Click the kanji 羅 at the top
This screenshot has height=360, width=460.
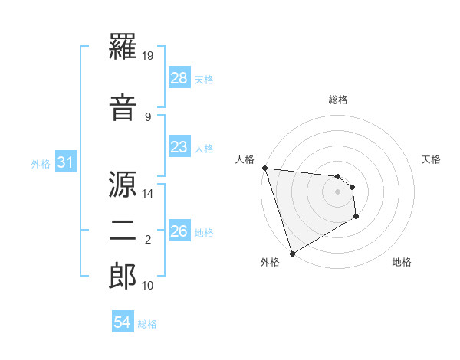(x=123, y=47)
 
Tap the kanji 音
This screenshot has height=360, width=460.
(x=123, y=107)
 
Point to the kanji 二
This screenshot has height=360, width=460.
(x=123, y=230)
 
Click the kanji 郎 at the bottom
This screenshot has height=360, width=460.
(x=123, y=275)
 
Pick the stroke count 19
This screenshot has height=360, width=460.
(x=149, y=56)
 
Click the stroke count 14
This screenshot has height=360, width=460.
(x=149, y=193)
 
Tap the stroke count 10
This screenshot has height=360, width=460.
(x=149, y=285)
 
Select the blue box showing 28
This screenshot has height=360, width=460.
(x=179, y=78)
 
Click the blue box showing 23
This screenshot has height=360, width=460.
(x=179, y=147)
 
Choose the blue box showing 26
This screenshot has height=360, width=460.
(x=179, y=231)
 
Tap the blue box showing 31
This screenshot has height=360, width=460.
(x=67, y=162)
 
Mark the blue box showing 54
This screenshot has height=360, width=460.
(x=123, y=322)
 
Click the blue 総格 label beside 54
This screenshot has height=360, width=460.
(x=147, y=324)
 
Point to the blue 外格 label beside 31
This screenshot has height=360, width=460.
(x=41, y=163)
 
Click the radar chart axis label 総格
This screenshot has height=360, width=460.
(x=338, y=100)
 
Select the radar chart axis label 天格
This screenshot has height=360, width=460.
(x=432, y=159)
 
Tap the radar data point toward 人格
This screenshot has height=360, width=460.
(x=264, y=168)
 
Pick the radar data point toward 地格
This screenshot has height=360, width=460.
(x=356, y=218)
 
